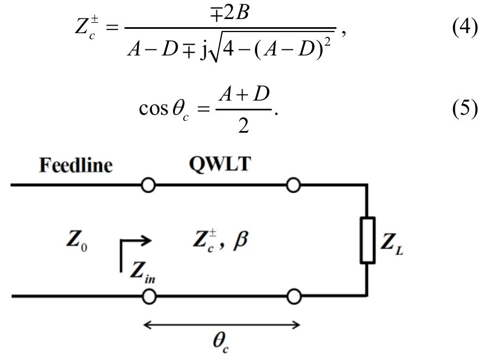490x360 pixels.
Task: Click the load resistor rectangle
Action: (x=368, y=240)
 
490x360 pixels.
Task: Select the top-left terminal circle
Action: (x=148, y=186)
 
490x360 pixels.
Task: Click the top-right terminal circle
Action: (x=294, y=186)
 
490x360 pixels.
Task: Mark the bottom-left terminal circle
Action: (x=148, y=296)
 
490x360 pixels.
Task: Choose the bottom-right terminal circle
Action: (x=294, y=296)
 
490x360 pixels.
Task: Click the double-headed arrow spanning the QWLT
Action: (x=221, y=325)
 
